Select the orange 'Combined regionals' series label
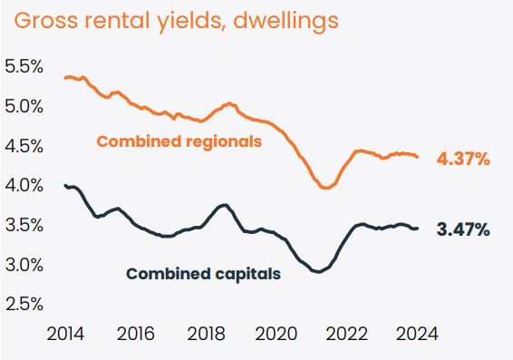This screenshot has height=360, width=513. (x=179, y=141)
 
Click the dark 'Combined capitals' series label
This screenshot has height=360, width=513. (x=203, y=273)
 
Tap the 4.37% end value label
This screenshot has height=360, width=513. (x=463, y=160)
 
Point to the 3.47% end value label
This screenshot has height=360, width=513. (x=463, y=230)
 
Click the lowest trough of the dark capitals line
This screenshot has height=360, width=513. (x=317, y=271)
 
